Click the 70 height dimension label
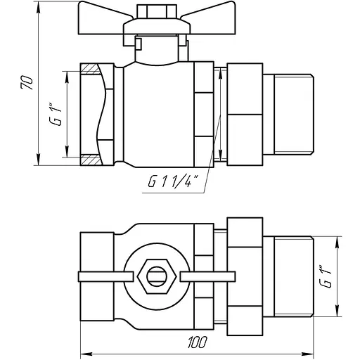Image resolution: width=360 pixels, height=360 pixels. point(27,83)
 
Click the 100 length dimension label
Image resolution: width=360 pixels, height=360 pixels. point(198,342)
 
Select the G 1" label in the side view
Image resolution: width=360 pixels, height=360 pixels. point(55,114)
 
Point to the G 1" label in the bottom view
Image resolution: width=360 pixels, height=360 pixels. point(326,276)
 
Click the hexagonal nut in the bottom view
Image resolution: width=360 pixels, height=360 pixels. point(157,276)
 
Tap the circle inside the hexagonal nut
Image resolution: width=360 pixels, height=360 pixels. point(157,276)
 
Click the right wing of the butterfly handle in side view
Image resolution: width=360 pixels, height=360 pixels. point(209,18)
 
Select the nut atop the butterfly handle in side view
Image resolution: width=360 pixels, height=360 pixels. point(157,11)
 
